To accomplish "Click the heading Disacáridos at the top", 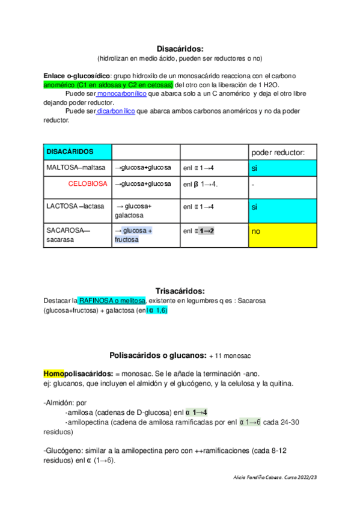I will (x=180, y=48).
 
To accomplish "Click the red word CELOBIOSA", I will (x=88, y=183).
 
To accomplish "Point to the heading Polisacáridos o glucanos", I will (x=157, y=355).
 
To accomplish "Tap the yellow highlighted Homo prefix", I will (x=54, y=373).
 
